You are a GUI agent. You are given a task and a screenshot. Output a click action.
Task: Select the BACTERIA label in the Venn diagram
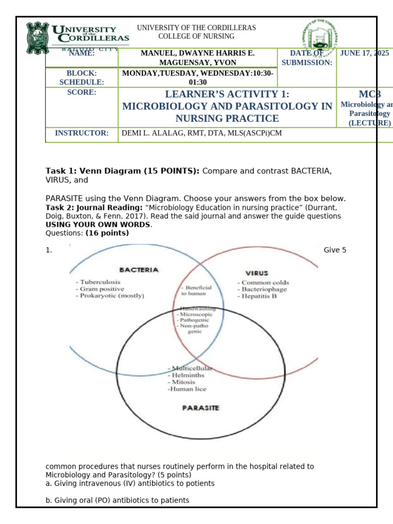click(x=139, y=270)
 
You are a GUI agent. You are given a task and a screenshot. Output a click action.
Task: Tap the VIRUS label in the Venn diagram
click(x=257, y=273)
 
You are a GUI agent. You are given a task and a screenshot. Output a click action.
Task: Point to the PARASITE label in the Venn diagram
click(x=201, y=408)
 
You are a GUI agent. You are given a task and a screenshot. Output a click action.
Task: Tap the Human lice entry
click(x=187, y=389)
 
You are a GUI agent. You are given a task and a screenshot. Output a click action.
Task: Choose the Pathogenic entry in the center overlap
click(x=194, y=319)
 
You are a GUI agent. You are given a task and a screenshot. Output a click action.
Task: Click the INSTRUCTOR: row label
click(x=82, y=133)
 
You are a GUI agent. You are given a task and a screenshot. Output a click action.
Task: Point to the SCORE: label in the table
click(x=82, y=93)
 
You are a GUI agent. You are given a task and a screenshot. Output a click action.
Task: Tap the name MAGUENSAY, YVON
click(x=198, y=62)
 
